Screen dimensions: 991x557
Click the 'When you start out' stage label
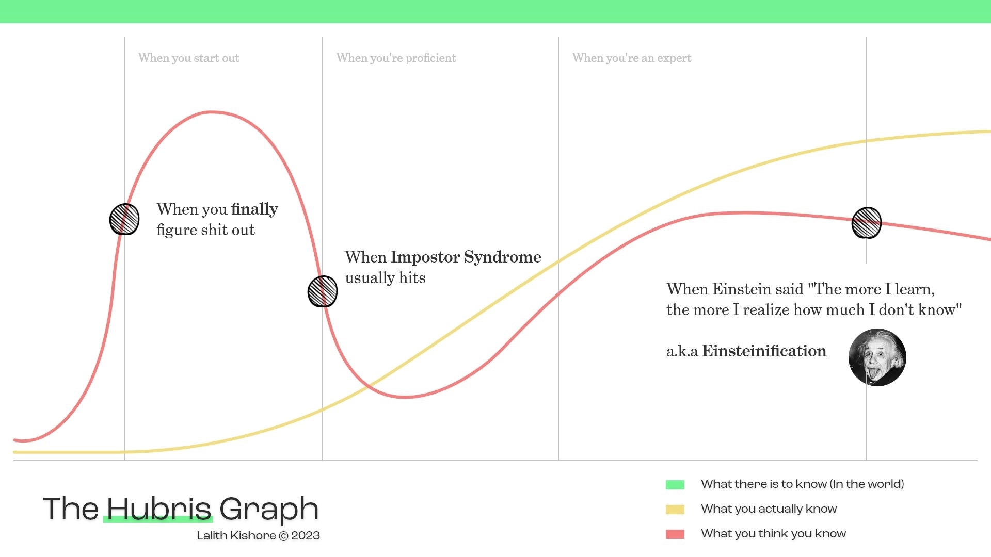pyautogui.click(x=188, y=58)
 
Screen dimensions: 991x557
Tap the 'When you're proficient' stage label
pyautogui.click(x=396, y=58)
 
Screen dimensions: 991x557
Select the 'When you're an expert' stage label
pyautogui.click(x=631, y=58)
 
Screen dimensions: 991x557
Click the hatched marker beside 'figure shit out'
pyautogui.click(x=124, y=219)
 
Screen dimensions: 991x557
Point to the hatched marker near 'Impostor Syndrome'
pyautogui.click(x=323, y=291)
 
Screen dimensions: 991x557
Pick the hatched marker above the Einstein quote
pyautogui.click(x=867, y=223)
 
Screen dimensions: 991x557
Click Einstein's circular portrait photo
pyautogui.click(x=877, y=357)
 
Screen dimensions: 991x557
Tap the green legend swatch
pyautogui.click(x=675, y=485)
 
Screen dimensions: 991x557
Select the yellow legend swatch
pyautogui.click(x=675, y=510)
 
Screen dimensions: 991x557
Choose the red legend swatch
pyautogui.click(x=675, y=534)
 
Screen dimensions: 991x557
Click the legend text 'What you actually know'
pyautogui.click(x=769, y=509)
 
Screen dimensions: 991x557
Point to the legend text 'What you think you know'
pyautogui.click(x=773, y=534)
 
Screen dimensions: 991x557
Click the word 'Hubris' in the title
pyautogui.click(x=159, y=509)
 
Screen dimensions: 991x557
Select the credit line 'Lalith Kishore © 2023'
pyautogui.click(x=258, y=536)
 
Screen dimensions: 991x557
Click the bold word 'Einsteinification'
pyautogui.click(x=764, y=351)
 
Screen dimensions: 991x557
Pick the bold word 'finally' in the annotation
pyautogui.click(x=254, y=209)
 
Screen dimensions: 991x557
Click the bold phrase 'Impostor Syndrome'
pyautogui.click(x=466, y=257)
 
